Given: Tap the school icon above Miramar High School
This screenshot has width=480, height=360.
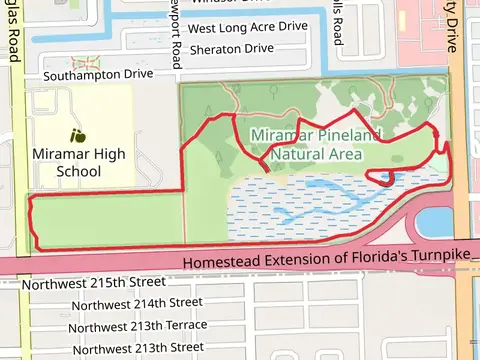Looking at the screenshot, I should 77,135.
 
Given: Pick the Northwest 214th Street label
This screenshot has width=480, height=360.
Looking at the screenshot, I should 137,302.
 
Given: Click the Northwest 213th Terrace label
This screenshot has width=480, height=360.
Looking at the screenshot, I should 139,326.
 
